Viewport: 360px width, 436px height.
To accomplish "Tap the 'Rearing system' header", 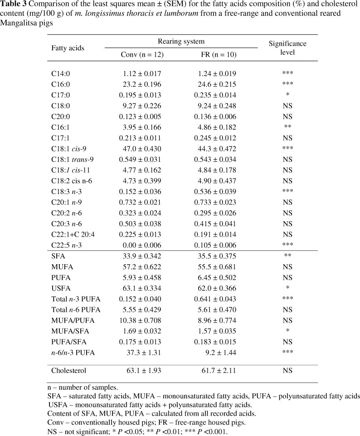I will [x=180, y=41].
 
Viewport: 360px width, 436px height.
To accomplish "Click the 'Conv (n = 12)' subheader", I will [x=142, y=54].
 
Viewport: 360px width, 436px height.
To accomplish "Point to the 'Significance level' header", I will [x=287, y=48].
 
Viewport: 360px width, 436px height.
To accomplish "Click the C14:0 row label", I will [x=61, y=73].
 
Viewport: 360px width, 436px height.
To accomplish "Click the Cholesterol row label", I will [x=68, y=371].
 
